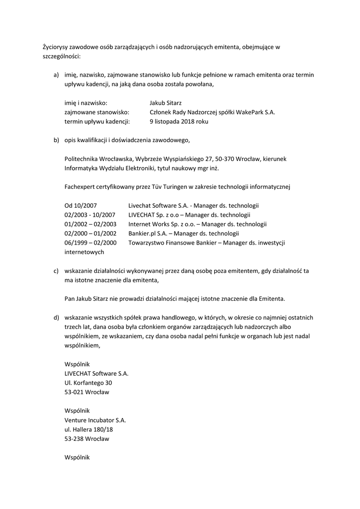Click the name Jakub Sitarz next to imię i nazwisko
click(165, 103)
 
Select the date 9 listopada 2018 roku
click(179, 121)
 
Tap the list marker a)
click(57, 75)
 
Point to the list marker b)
click(57, 140)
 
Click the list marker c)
click(57, 271)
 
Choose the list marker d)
click(57, 317)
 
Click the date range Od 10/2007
click(81, 205)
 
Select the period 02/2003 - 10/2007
click(90, 215)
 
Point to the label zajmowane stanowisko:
click(97, 112)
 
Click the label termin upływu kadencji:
click(97, 121)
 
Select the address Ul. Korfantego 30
click(88, 383)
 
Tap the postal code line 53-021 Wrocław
click(87, 392)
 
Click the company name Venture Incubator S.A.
click(95, 420)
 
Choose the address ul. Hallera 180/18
click(89, 429)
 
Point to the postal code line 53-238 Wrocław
click(87, 439)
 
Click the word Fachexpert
click(80, 187)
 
